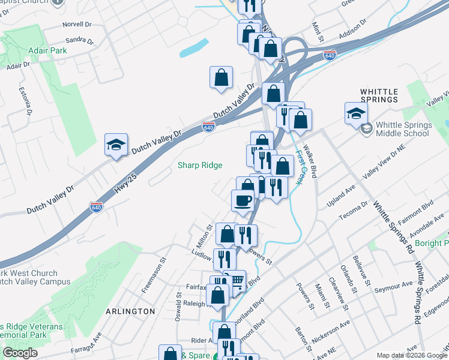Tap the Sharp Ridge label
coord(200,166)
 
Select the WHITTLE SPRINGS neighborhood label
coord(379,95)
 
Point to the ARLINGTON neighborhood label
coord(130,311)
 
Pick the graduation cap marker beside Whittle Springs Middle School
coord(356,112)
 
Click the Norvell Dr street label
coord(77,26)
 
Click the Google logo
coord(20,353)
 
